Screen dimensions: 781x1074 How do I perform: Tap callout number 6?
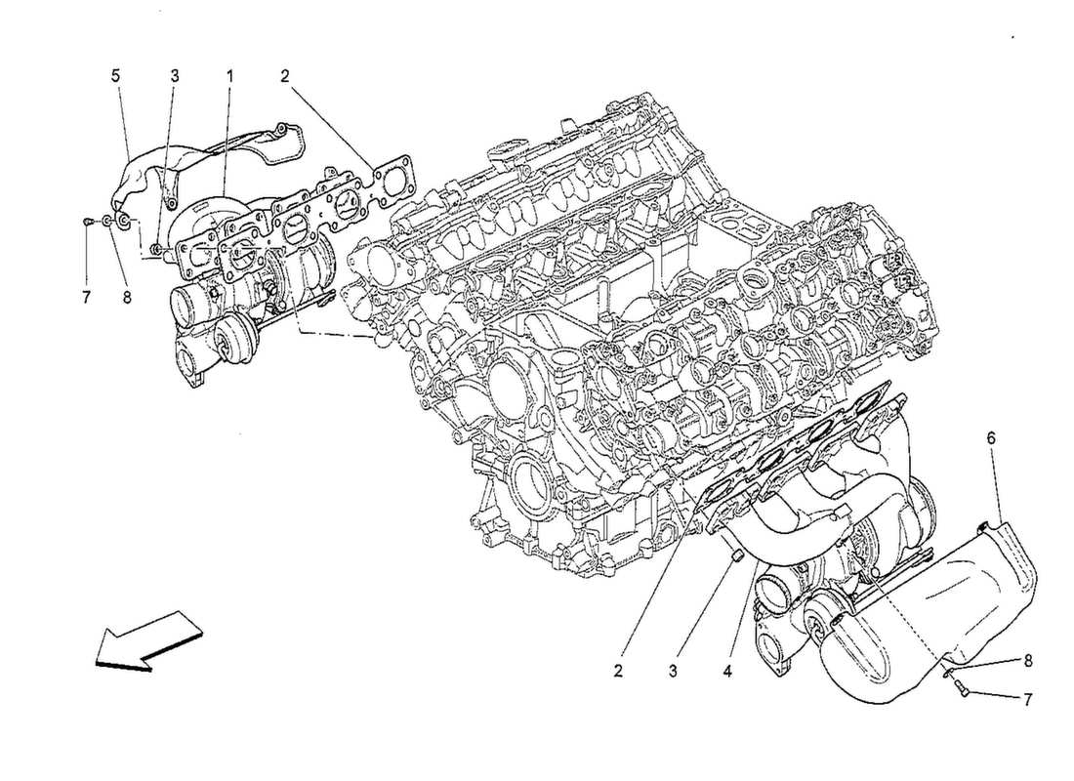992,494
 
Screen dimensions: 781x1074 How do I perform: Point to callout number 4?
727,672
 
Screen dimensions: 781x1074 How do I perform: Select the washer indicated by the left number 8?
105,223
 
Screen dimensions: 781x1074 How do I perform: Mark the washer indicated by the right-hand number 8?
947,672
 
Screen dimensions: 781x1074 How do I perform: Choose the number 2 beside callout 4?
618,672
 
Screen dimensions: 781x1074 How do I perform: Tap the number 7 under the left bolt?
86,297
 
